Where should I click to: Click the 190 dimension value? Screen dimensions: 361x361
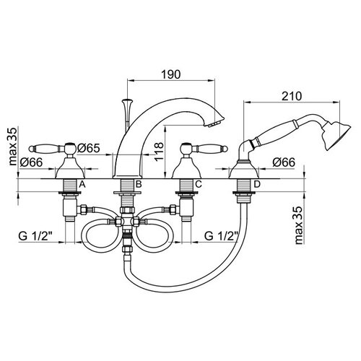click(x=170, y=74)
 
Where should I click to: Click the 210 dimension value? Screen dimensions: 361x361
click(x=292, y=96)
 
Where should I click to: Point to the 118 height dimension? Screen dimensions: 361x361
click(x=159, y=152)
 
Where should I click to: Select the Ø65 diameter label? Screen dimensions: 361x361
click(x=88, y=148)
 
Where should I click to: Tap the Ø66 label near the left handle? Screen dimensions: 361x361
click(x=31, y=162)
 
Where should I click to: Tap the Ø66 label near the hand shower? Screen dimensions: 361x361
click(x=284, y=162)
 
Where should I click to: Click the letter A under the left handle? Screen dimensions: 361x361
click(x=82, y=185)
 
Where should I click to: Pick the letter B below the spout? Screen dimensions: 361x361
click(x=139, y=185)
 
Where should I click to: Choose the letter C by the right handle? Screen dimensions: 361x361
click(x=199, y=185)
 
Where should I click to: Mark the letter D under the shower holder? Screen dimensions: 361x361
click(x=257, y=185)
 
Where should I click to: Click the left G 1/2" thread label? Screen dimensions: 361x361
click(x=35, y=236)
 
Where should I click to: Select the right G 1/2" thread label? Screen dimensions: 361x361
click(x=222, y=236)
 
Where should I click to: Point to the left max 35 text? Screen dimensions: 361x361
click(x=13, y=147)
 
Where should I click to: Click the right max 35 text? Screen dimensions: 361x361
click(x=298, y=225)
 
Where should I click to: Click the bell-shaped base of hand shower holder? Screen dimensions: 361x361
click(x=244, y=170)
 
